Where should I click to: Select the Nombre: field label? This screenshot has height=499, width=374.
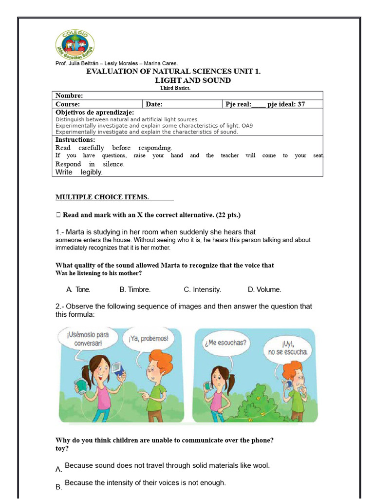pyautogui.click(x=69, y=96)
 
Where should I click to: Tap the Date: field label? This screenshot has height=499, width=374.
pyautogui.click(x=154, y=104)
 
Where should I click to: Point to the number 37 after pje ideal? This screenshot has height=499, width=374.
pyautogui.click(x=301, y=104)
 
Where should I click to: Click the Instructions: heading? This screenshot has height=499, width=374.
pyautogui.click(x=75, y=140)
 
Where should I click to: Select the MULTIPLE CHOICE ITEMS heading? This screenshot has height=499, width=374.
pyautogui.click(x=102, y=197)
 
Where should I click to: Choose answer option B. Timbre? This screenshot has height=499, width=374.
pyautogui.click(x=135, y=289)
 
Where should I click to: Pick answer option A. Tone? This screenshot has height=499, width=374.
pyautogui.click(x=78, y=289)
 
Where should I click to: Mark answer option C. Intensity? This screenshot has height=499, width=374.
pyautogui.click(x=202, y=289)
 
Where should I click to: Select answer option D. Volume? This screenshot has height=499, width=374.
pyautogui.click(x=264, y=289)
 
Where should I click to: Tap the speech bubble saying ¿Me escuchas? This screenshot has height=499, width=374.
pyautogui.click(x=226, y=343)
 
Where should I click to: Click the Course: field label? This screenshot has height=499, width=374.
pyautogui.click(x=68, y=104)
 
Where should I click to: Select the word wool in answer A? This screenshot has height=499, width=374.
pyautogui.click(x=261, y=465)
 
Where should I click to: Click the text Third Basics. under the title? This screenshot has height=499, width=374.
pyautogui.click(x=175, y=88)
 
